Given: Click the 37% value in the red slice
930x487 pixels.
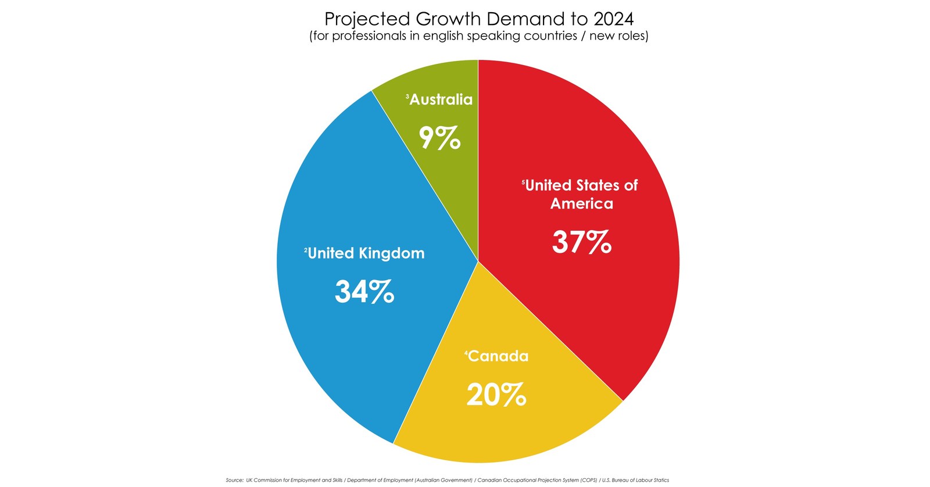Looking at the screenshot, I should [581, 242].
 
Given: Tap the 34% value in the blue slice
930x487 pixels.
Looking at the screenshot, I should [364, 292].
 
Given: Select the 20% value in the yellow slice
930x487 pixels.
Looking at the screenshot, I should [496, 395].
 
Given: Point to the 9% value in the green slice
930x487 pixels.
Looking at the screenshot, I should [440, 138].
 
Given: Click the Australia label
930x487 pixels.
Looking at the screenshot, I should [441, 100].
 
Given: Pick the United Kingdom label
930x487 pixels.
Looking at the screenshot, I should [366, 253].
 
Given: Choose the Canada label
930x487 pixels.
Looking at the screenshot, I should [498, 356].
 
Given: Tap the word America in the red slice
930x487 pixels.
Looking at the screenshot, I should [582, 204].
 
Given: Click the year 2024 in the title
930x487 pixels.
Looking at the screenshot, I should [613, 19].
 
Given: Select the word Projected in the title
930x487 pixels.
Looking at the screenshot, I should [367, 19].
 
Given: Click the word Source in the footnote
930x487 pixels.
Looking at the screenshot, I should [234, 480].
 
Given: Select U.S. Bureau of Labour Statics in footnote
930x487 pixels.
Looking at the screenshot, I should [635, 480].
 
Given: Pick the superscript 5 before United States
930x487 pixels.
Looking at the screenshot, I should [523, 182].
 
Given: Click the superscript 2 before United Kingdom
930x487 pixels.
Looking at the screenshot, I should [306, 250].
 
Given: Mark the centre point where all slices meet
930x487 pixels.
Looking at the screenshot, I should [478, 262].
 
